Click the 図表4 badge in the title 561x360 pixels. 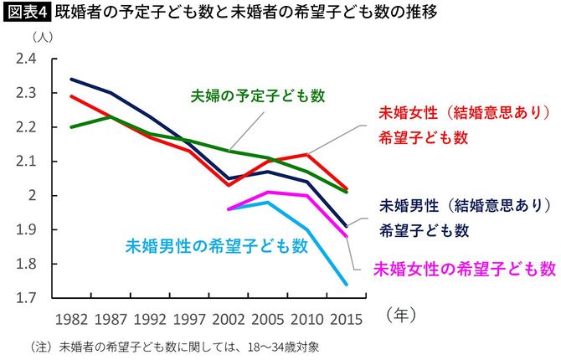[x=27, y=13]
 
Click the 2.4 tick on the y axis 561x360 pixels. [x=25, y=59]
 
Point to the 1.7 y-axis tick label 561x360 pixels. [x=25, y=298]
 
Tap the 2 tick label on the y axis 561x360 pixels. [x=32, y=196]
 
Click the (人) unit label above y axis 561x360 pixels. [x=39, y=39]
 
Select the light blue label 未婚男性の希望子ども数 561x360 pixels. [x=216, y=246]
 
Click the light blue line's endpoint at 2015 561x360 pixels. [x=347, y=285]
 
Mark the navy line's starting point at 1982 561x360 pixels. [x=71, y=80]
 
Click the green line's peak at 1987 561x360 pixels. [x=111, y=117]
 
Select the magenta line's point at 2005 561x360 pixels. [x=268, y=192]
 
